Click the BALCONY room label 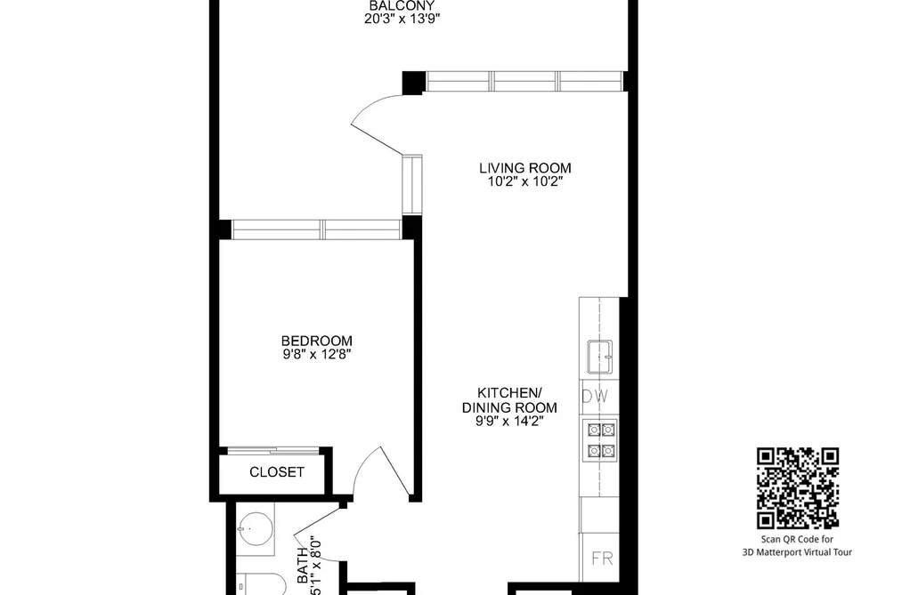402,5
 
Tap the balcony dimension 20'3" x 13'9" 402,19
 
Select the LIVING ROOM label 525,168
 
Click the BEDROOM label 317,341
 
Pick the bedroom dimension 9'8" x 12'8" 317,354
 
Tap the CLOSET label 277,472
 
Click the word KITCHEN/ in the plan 509,393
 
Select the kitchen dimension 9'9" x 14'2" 509,422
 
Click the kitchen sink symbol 599,357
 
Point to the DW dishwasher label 596,397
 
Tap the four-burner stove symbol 601,440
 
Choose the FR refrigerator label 602,559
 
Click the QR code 797,488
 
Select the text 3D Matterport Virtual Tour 797,552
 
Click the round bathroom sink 255,528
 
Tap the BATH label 303,566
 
